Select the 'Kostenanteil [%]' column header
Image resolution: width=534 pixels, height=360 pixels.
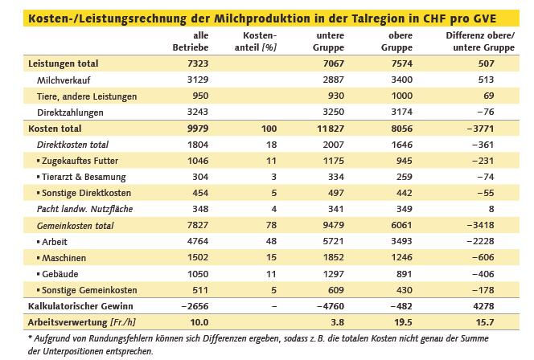(259, 42)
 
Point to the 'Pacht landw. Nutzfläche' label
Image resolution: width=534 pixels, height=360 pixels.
(84, 208)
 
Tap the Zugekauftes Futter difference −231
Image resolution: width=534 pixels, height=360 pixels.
(505, 160)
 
